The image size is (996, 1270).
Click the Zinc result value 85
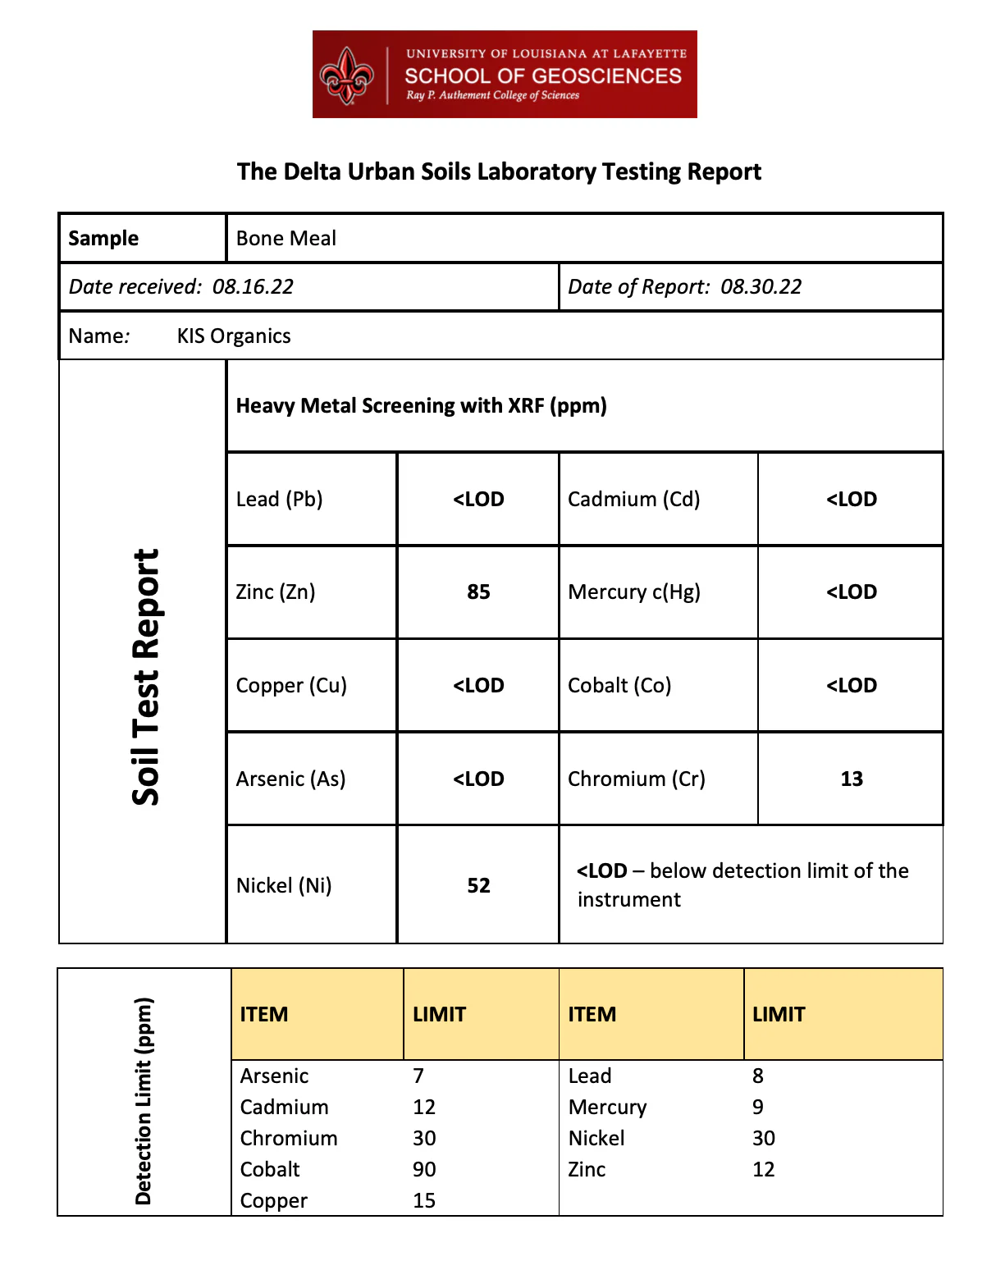click(x=478, y=592)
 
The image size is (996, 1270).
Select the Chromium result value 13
click(x=852, y=779)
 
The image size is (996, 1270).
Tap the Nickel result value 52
click(x=478, y=885)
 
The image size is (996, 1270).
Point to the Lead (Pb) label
click(x=279, y=499)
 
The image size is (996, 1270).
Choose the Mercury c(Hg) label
click(x=634, y=592)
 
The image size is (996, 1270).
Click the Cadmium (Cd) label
click(x=633, y=499)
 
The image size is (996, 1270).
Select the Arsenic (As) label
click(x=290, y=779)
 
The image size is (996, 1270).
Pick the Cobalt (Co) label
click(x=619, y=685)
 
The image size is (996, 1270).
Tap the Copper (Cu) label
click(x=291, y=685)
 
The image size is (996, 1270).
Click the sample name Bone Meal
click(x=286, y=238)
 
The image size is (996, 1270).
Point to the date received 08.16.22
click(x=253, y=286)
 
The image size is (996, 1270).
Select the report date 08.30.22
click(x=761, y=286)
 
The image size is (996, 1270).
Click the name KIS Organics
click(x=234, y=336)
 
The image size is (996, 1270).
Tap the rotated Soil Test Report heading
click(x=146, y=677)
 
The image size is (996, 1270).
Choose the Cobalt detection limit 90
click(x=424, y=1169)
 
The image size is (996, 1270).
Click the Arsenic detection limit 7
click(x=418, y=1076)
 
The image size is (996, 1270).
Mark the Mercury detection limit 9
click(x=758, y=1107)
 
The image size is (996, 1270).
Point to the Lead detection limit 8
click(x=758, y=1076)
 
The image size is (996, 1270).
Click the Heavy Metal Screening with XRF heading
click(x=421, y=406)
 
